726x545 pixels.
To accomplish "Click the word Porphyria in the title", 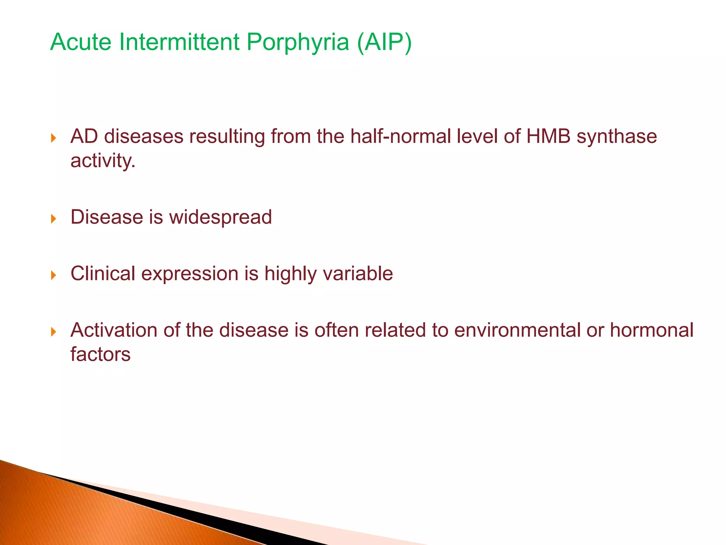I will (x=297, y=43).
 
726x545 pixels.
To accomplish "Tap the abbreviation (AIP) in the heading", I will (x=384, y=43).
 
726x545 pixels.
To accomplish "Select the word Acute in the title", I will (x=81, y=43).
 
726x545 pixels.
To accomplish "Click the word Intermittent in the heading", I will (x=179, y=43).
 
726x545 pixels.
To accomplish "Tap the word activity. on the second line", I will (x=103, y=161).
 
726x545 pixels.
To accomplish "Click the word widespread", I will (x=220, y=218).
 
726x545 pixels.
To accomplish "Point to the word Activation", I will (x=114, y=330).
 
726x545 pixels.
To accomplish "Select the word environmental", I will (x=517, y=330).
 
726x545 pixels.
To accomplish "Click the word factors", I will (x=100, y=354).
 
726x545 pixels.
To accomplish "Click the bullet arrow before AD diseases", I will (x=54, y=138).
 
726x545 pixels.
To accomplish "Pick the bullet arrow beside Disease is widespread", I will (x=54, y=219).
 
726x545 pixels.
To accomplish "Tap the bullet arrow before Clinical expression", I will (x=54, y=275).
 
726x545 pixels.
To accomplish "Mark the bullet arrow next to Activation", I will (x=54, y=332).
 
